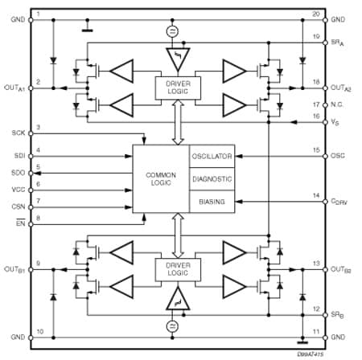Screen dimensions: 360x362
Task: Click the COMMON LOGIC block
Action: [x=161, y=179]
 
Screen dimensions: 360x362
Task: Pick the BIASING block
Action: [x=212, y=202]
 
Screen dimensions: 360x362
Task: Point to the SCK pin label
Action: [x=17, y=132]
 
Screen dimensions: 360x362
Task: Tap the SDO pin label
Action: [x=17, y=172]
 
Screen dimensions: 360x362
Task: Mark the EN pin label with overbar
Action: [x=19, y=223]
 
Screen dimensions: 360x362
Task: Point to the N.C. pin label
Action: [x=338, y=104]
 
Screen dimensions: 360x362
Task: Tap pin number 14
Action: [x=316, y=196]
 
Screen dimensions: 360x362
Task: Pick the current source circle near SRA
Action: [x=171, y=31]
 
